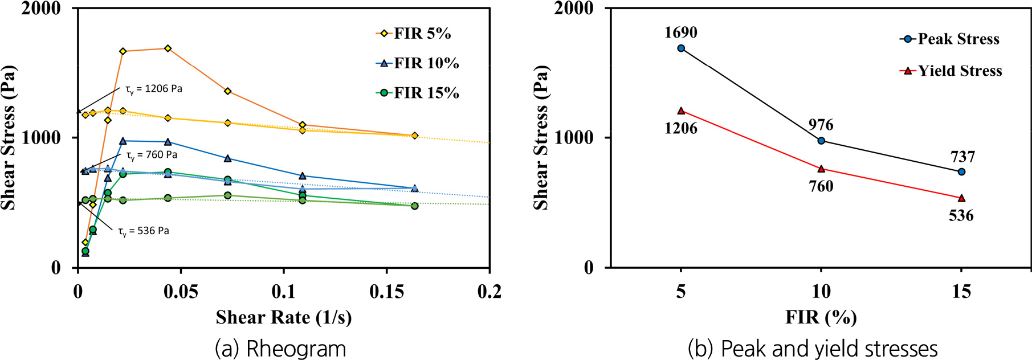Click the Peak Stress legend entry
pyautogui.click(x=950, y=39)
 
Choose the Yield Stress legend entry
pyautogui.click(x=951, y=71)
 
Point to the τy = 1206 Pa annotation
pyautogui.click(x=153, y=89)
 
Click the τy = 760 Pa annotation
pyautogui.click(x=151, y=155)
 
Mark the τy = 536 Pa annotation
pyautogui.click(x=143, y=231)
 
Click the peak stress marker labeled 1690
pyautogui.click(x=681, y=48)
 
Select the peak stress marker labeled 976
pyautogui.click(x=821, y=141)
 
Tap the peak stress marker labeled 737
pyautogui.click(x=961, y=171)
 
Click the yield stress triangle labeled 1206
pyautogui.click(x=681, y=111)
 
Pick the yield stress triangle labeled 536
pyautogui.click(x=961, y=198)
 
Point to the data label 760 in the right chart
pyautogui.click(x=821, y=186)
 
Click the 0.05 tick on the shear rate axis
pyautogui.click(x=181, y=292)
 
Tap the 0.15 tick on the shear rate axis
pyautogui.click(x=387, y=292)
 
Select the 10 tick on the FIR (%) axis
pyautogui.click(x=821, y=292)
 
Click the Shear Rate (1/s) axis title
pyautogui.click(x=284, y=317)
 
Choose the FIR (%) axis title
pyautogui.click(x=821, y=317)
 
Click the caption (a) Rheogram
pyautogui.click(x=280, y=348)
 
